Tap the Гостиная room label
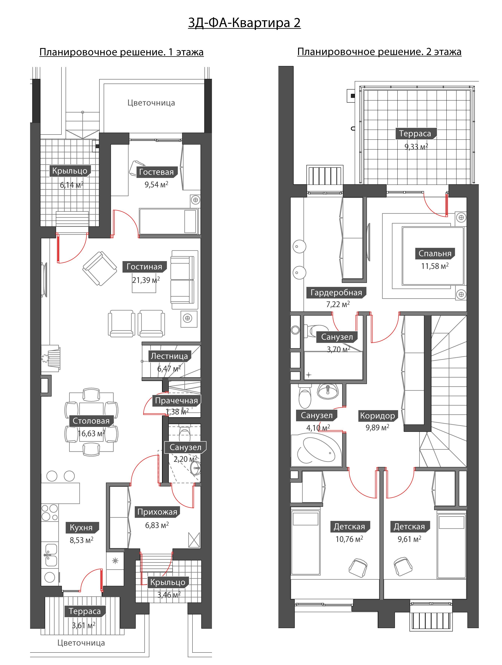pos(144,267)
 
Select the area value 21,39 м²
pos(146,280)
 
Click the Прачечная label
pos(176,401)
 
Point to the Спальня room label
pos(435,253)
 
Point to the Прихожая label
pos(157,512)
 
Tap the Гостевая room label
pos(156,172)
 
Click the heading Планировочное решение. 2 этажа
pos(379,52)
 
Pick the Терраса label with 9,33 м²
pos(415,133)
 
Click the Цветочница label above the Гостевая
pos(151,103)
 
